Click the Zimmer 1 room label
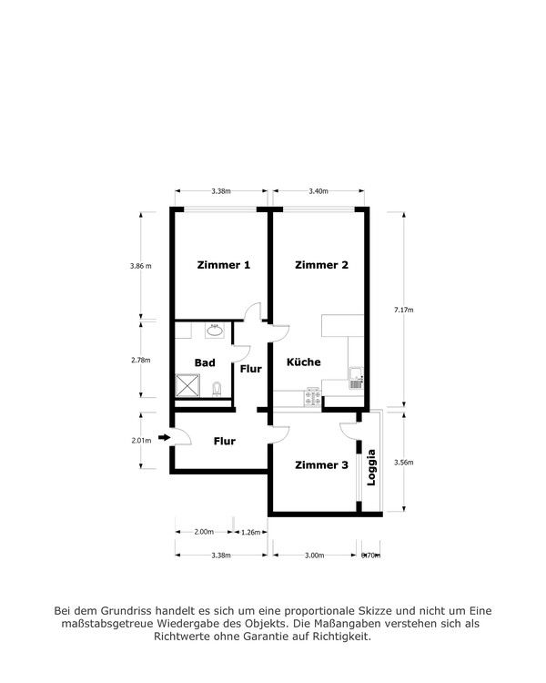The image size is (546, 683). tap(224, 265)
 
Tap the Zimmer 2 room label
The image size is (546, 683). tap(321, 265)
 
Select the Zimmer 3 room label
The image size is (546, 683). tap(321, 465)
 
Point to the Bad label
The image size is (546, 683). tap(205, 362)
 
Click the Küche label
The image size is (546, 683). tap(304, 362)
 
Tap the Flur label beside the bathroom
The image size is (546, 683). tap(251, 369)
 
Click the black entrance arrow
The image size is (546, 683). tap(164, 438)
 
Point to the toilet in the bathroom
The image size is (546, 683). tap(216, 390)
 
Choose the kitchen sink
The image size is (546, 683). tap(355, 377)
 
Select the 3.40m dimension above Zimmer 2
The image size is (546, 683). tap(318, 191)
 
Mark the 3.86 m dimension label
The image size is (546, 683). tap(140, 266)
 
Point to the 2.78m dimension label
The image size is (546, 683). tap(140, 360)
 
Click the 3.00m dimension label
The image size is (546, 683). tap(313, 554)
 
